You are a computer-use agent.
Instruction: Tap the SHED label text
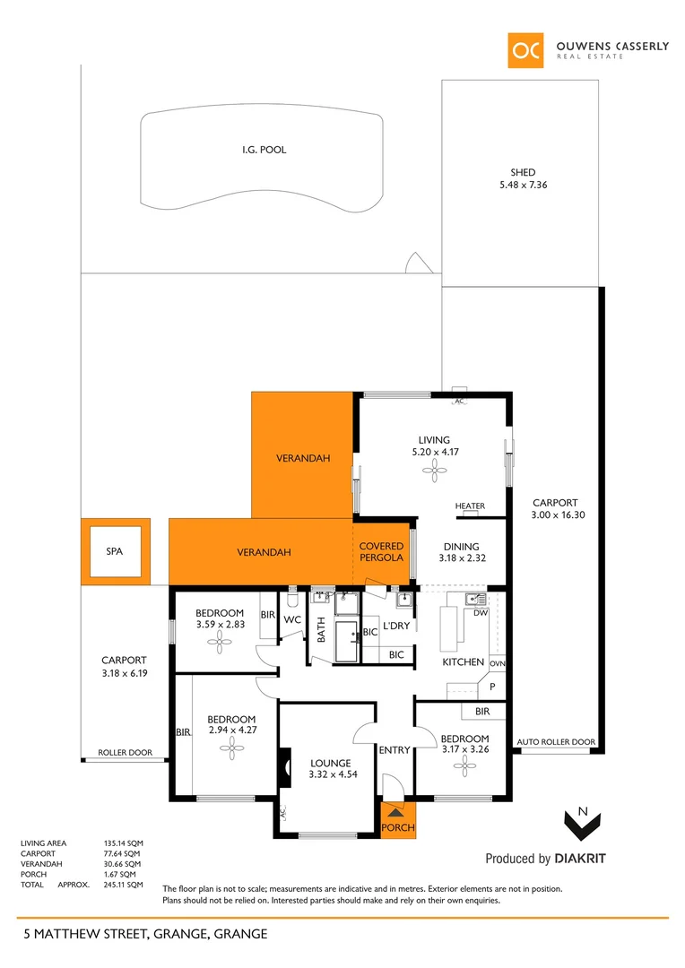pyautogui.click(x=523, y=173)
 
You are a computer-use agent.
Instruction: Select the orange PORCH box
pyautogui.click(x=398, y=819)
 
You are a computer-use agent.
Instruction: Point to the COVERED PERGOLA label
pyautogui.click(x=383, y=552)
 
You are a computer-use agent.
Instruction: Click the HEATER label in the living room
pyautogui.click(x=470, y=506)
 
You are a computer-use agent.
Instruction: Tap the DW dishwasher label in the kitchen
pyautogui.click(x=480, y=613)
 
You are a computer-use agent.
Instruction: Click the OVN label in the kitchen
pyautogui.click(x=498, y=663)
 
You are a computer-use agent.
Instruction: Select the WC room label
pyautogui.click(x=292, y=619)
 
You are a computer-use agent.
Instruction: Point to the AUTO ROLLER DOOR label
pyautogui.click(x=556, y=742)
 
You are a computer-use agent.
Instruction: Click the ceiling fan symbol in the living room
pyautogui.click(x=434, y=476)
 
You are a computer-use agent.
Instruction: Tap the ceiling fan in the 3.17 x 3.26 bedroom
pyautogui.click(x=464, y=764)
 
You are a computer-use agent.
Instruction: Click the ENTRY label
pyautogui.click(x=395, y=750)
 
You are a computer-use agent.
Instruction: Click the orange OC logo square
pyautogui.click(x=525, y=50)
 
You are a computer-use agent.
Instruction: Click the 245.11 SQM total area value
pyautogui.click(x=124, y=885)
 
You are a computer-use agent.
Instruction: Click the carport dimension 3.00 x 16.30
pyautogui.click(x=555, y=515)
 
